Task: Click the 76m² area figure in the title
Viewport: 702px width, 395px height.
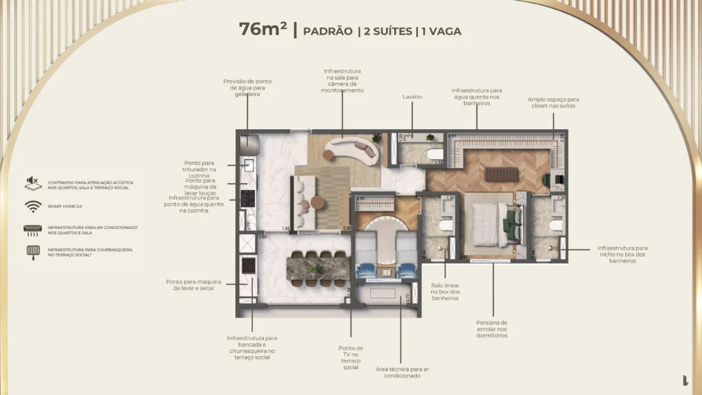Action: coord(263,29)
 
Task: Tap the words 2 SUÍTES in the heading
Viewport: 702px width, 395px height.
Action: coord(385,31)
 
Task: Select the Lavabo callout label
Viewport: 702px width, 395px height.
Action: coord(412,97)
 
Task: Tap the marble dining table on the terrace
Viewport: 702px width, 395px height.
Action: coord(318,267)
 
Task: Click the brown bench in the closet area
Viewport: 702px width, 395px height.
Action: coord(501,174)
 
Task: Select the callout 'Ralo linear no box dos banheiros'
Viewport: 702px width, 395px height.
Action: coord(446,291)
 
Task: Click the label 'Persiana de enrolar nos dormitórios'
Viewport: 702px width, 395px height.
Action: coord(492,328)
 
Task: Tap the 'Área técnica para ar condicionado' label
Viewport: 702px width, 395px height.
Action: coord(402,372)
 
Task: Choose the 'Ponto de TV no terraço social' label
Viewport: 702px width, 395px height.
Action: coord(351,357)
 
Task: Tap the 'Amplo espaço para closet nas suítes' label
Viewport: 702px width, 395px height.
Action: coord(553,102)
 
